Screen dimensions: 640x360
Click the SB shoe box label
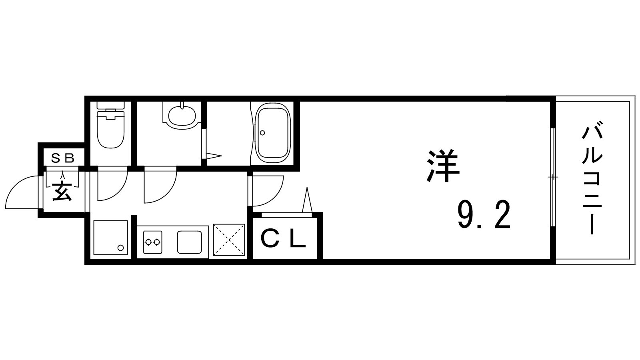(62, 158)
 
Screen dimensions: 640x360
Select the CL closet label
(283, 240)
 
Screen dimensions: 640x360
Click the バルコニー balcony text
(592, 182)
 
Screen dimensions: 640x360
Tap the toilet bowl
(110, 130)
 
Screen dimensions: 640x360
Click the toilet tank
(110, 105)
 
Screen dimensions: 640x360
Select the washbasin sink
(182, 116)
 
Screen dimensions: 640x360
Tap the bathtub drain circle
(262, 132)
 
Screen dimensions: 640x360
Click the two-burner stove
(152, 242)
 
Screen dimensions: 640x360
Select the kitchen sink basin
(189, 242)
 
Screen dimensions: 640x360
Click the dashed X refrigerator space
(229, 240)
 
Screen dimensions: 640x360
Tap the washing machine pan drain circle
(120, 248)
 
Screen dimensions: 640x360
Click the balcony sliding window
(553, 177)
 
